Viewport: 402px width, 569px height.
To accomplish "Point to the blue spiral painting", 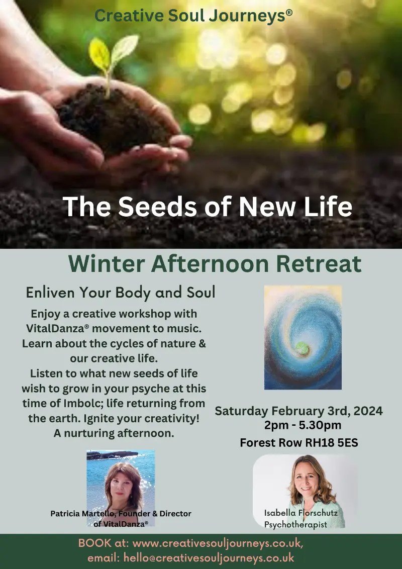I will coord(303,337).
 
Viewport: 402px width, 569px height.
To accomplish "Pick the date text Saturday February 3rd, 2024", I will coord(298,411).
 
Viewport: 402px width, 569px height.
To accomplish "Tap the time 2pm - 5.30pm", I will coord(303,425).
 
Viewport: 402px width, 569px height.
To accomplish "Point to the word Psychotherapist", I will coord(295,524).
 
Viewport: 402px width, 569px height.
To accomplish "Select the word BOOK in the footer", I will coord(92,543).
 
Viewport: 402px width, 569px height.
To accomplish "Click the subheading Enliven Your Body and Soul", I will coord(121,293).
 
